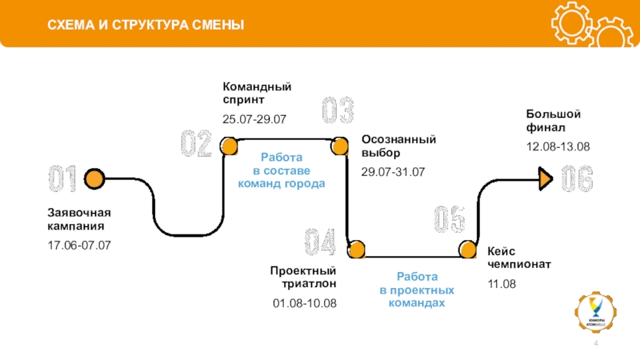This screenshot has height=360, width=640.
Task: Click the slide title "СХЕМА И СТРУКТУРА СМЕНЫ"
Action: click(x=146, y=26)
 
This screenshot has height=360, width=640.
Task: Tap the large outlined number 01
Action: click(x=62, y=179)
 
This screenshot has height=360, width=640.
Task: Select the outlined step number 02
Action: click(x=196, y=145)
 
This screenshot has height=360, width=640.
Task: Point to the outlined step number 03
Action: click(x=338, y=111)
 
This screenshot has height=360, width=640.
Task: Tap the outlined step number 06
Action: click(x=577, y=179)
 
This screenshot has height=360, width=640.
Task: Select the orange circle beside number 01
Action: click(x=95, y=178)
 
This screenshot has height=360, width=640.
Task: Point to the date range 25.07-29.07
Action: click(x=254, y=119)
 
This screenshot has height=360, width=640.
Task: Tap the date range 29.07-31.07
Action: click(x=393, y=173)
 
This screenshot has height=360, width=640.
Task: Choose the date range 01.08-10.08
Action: click(x=305, y=303)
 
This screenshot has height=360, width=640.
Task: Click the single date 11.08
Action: click(x=502, y=285)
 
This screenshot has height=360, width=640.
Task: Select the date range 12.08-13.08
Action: click(x=558, y=146)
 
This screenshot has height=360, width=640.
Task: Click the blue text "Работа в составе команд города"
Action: click(x=282, y=171)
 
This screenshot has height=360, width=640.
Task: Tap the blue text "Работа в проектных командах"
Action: click(x=416, y=290)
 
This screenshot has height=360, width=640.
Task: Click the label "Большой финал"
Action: click(x=548, y=120)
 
